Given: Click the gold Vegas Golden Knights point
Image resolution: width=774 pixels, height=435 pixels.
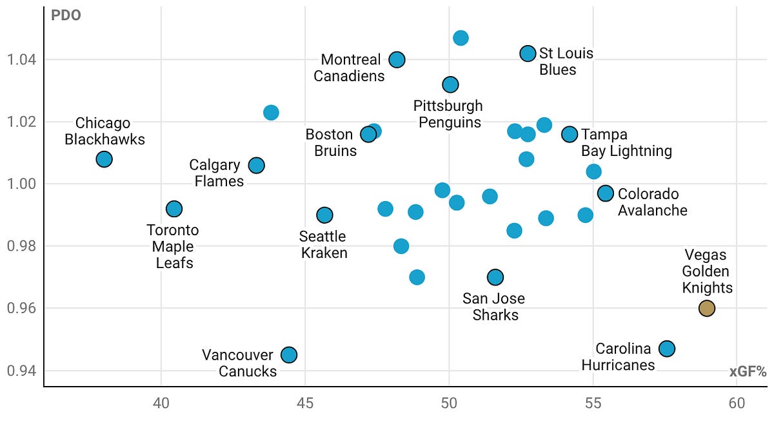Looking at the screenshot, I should [x=707, y=308].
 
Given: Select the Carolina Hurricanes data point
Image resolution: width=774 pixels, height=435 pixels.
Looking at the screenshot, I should [x=667, y=349].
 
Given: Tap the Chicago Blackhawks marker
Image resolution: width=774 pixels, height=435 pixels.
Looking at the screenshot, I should [x=104, y=159].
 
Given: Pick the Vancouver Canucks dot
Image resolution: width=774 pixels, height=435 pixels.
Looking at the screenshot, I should [x=289, y=354].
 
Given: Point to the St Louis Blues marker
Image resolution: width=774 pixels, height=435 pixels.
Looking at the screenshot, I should [x=528, y=53].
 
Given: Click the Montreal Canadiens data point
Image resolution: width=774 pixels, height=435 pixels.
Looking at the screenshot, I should [x=397, y=59].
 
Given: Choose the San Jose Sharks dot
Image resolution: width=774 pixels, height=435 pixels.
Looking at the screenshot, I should [x=495, y=277].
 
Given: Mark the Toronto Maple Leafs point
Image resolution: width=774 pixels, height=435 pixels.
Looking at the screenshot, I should [x=174, y=209].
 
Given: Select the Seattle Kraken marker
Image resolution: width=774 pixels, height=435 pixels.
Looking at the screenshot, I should [x=324, y=215].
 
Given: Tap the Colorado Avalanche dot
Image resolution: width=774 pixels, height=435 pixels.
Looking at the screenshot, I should [x=605, y=193].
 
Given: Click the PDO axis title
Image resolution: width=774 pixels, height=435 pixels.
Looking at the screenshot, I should [x=66, y=15].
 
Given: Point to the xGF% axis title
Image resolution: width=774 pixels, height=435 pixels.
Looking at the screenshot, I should [x=748, y=372].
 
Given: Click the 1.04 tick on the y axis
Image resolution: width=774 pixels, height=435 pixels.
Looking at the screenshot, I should [x=21, y=59].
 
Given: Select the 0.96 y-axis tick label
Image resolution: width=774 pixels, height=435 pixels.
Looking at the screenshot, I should [x=21, y=308].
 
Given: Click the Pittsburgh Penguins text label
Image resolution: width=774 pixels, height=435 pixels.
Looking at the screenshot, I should [x=450, y=114].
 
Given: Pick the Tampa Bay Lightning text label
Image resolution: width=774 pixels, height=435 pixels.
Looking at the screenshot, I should [x=626, y=142].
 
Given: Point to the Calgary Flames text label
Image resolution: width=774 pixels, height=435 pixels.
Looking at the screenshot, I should [x=217, y=173].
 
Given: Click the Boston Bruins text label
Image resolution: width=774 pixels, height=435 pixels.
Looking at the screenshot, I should [x=331, y=142].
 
